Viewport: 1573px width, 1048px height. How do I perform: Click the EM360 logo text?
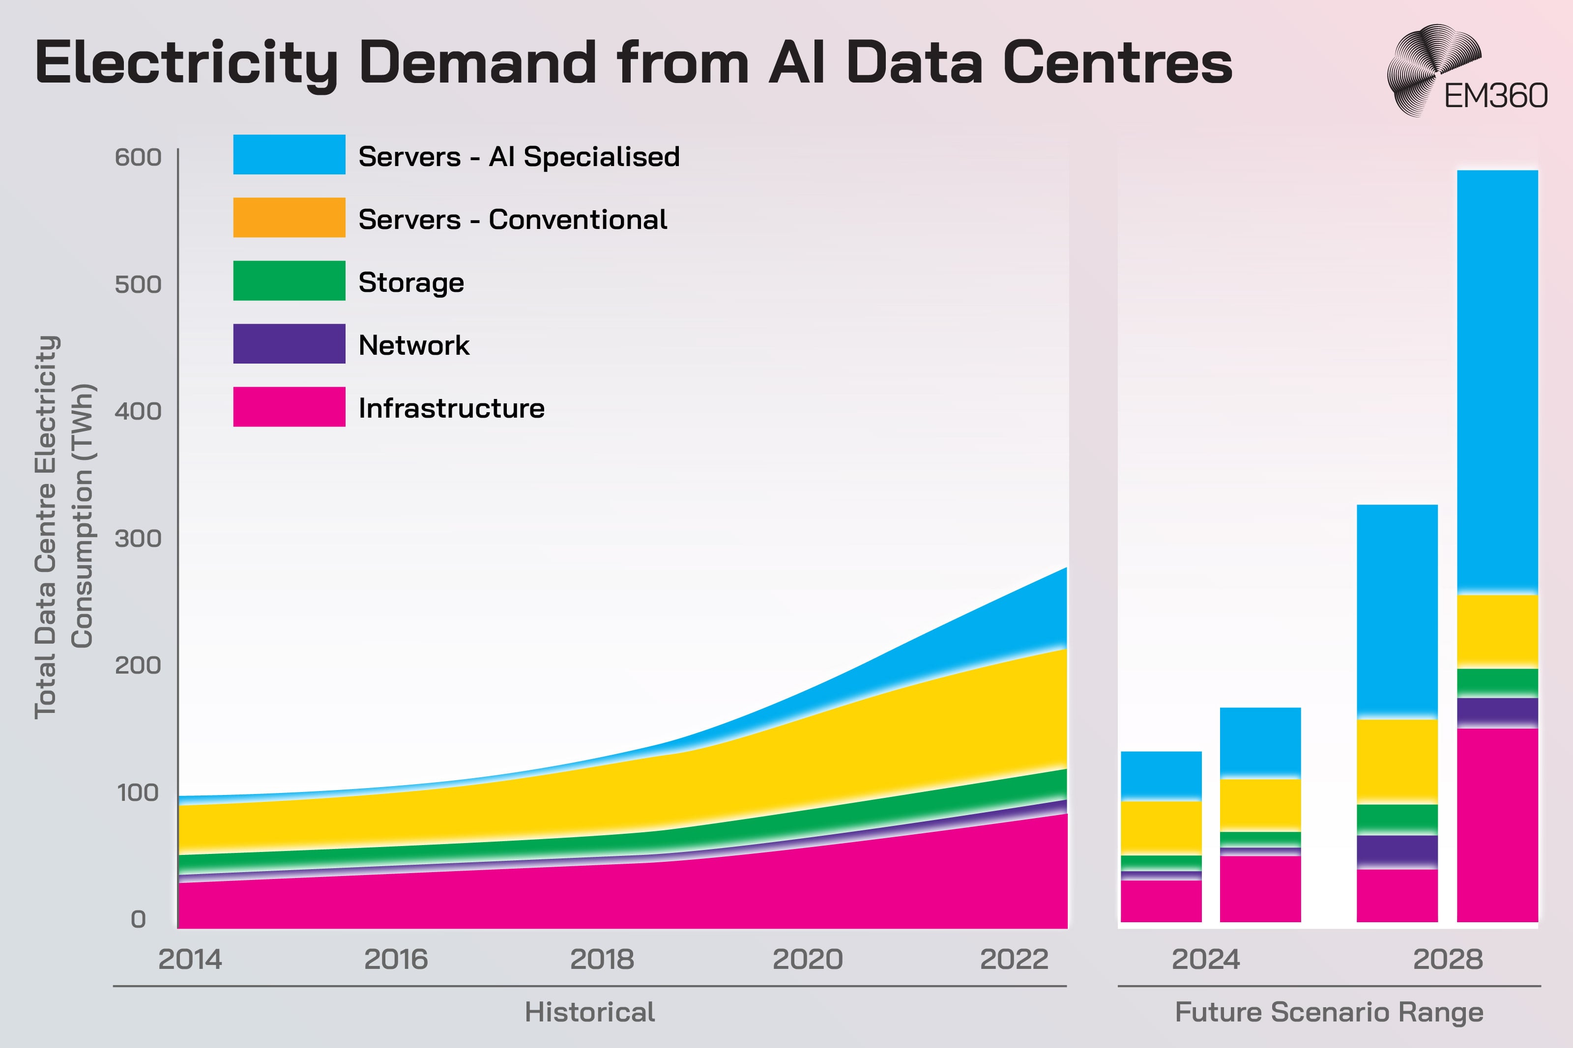click(x=1495, y=96)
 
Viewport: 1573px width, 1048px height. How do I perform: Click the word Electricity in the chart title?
click(x=186, y=63)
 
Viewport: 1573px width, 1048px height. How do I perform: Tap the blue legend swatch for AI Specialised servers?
click(x=289, y=154)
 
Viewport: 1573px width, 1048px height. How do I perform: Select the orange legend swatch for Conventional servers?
click(x=289, y=217)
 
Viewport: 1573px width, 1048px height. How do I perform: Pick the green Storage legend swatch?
click(x=289, y=281)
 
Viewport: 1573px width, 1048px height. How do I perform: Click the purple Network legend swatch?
click(x=289, y=343)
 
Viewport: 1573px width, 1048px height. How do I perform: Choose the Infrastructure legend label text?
click(x=451, y=408)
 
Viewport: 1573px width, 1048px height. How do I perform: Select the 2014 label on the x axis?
click(x=190, y=960)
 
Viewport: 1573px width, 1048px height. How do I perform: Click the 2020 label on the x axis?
click(x=808, y=960)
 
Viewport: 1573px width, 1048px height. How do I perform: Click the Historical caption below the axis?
click(x=589, y=1013)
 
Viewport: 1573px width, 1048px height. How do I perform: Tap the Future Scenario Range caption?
click(x=1329, y=1013)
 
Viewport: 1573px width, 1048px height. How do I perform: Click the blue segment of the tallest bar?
click(x=1497, y=381)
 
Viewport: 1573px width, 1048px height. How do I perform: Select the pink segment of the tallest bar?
click(x=1497, y=825)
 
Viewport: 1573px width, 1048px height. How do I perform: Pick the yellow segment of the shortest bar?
click(x=1161, y=827)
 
